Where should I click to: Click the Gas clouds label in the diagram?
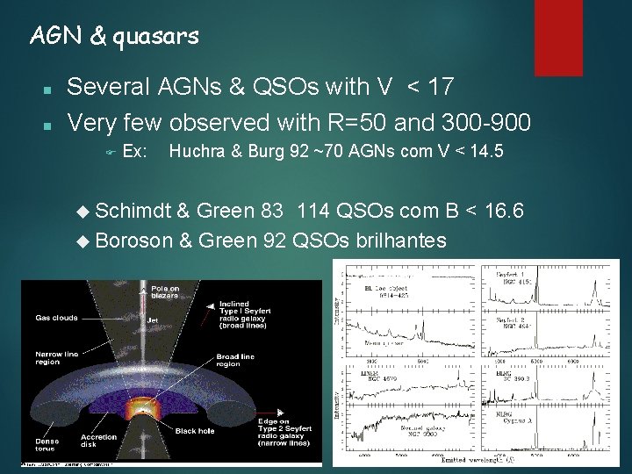(56, 318)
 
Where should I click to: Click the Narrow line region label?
(57, 358)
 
